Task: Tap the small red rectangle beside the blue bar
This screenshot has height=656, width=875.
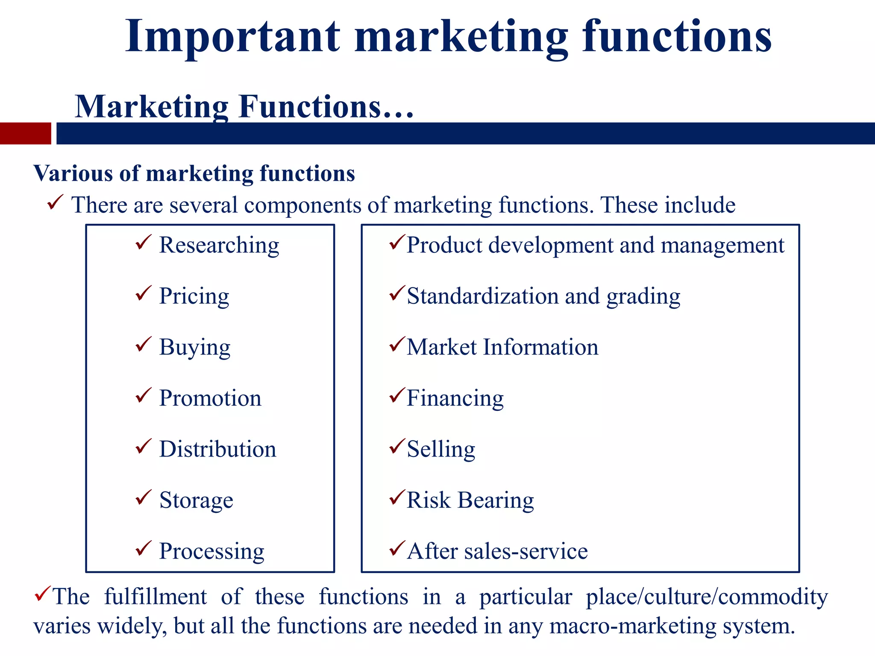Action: pos(25,133)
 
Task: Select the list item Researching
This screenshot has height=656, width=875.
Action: pos(219,246)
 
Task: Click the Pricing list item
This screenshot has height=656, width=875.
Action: pos(194,296)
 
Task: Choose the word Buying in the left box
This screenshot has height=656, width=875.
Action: pos(195,347)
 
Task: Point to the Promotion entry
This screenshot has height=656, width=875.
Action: pos(210,398)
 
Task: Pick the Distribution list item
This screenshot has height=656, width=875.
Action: pos(218,449)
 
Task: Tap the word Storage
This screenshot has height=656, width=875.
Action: pos(196,500)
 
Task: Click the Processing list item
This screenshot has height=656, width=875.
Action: pos(212,551)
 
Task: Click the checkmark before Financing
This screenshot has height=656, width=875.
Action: pos(397,395)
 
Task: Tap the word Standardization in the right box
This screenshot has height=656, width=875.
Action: pos(482,296)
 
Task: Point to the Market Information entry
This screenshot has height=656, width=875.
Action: pos(502,347)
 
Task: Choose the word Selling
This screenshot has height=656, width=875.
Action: pos(441,449)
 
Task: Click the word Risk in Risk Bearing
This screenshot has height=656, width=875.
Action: pos(429,500)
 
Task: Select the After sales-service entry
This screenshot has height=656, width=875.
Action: pos(497,551)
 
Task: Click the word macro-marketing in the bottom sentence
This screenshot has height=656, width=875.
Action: pos(632,626)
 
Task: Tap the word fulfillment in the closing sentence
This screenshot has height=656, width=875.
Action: pos(156,597)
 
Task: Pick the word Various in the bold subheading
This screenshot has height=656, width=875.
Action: pos(73,174)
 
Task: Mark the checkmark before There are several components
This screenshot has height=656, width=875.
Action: pos(56,202)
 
